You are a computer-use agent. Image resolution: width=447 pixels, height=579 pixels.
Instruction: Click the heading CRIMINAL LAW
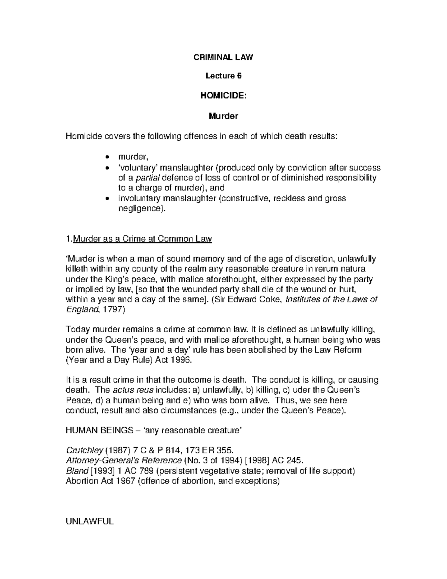coord(223,57)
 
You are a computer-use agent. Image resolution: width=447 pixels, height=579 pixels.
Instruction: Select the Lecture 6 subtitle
coord(223,76)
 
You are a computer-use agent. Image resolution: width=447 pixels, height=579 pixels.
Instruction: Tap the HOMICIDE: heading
coord(223,96)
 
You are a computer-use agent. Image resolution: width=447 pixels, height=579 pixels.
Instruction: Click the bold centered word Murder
coord(223,116)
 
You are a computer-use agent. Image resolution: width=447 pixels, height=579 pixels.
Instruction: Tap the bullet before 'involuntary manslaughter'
coord(107,199)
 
